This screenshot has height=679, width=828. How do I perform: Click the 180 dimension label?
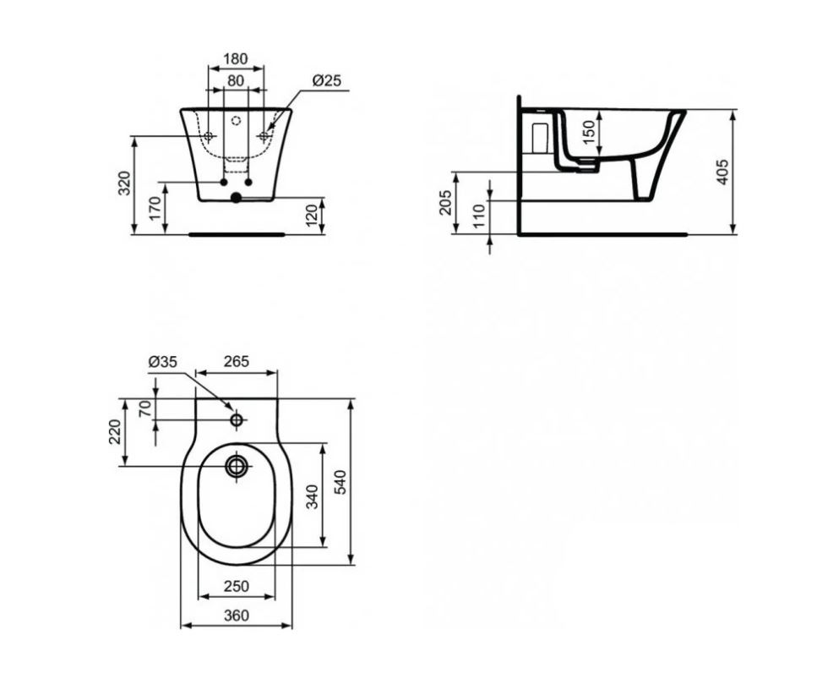tap(235, 58)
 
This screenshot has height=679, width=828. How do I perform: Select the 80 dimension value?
tap(236, 81)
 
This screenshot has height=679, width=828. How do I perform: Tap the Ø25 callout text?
tap(327, 81)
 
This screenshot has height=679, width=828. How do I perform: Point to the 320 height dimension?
tap(124, 183)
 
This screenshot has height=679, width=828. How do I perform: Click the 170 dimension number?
tap(155, 208)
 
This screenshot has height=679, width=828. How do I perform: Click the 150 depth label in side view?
tap(589, 130)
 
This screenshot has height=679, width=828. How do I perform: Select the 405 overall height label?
tap(723, 172)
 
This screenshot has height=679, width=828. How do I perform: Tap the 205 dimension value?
tap(446, 202)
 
